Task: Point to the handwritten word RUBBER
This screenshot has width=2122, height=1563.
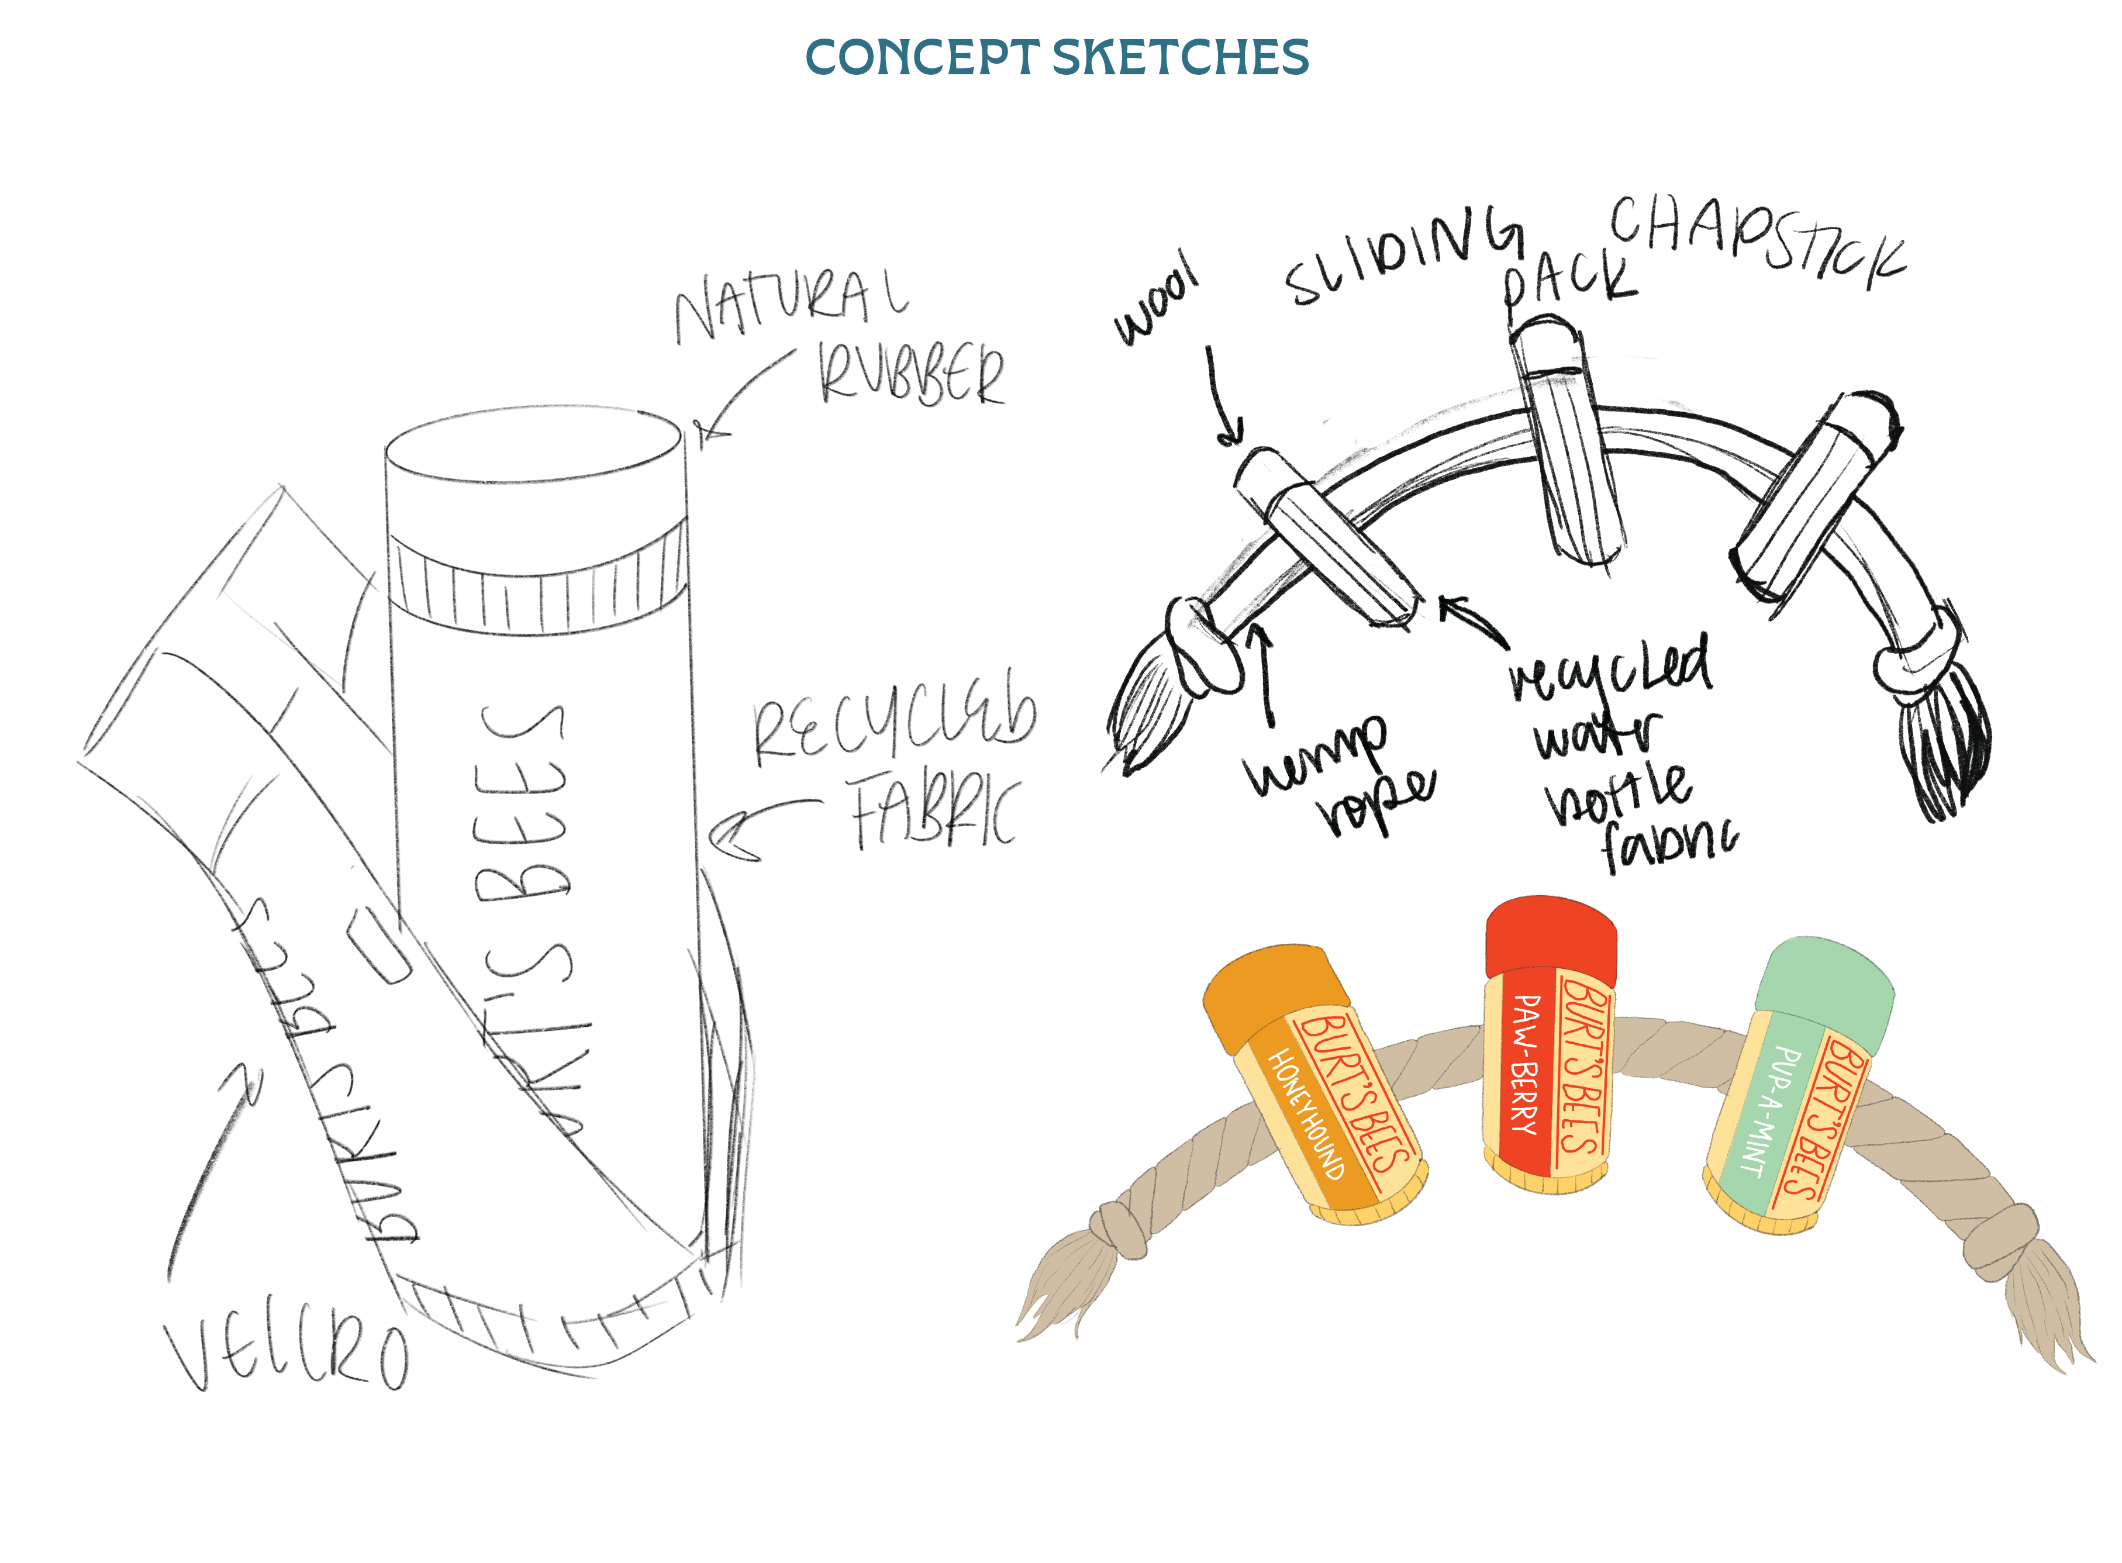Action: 911,374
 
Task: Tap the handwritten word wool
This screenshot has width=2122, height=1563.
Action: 1156,299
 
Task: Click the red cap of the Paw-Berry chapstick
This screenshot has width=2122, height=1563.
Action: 1550,937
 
